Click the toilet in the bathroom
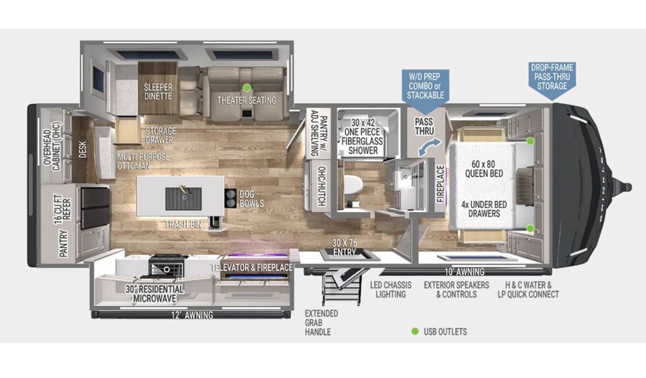pos(353,186)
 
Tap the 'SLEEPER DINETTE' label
pos(158,92)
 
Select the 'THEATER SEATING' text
pos(247,100)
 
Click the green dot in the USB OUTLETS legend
pos(415,331)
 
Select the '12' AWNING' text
pos(192,315)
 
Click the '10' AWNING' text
pos(462,272)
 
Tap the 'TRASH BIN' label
pos(182,223)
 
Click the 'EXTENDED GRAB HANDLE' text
pos(321,322)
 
